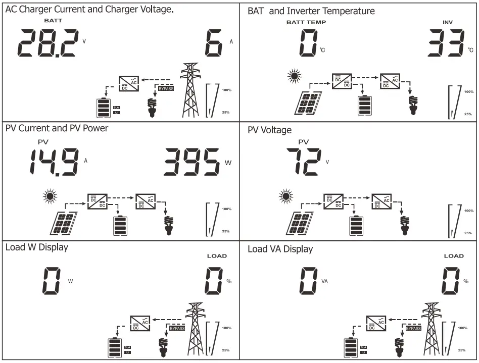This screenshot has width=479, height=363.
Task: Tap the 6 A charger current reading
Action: pos(214,43)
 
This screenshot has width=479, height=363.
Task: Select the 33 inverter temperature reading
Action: pos(446,43)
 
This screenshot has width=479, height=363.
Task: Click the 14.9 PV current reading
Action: pos(54,162)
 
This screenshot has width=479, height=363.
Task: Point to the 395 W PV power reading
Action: pos(191,162)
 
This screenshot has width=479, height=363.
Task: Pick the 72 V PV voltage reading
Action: pos(304,162)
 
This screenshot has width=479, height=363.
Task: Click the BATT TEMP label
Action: pos(306,22)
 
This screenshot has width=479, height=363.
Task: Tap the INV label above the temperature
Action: pos(448,22)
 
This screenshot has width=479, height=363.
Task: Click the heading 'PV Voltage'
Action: pos(269,130)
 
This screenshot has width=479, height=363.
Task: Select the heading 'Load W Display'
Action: pos(37,247)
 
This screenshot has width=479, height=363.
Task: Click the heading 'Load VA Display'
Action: pos(280,249)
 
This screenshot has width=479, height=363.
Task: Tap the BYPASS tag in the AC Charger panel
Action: pos(166,88)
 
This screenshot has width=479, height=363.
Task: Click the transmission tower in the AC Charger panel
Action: pos(190,90)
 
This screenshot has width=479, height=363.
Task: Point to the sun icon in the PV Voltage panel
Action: pos(286,196)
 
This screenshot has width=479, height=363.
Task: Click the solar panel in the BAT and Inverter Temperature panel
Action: pos(308,103)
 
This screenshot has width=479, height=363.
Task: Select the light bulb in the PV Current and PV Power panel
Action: pos(169,225)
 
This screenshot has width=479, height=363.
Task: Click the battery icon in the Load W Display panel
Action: pos(115,348)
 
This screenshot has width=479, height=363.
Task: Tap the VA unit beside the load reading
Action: pos(324,281)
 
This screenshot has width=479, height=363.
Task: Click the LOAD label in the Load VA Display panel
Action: pos(454,256)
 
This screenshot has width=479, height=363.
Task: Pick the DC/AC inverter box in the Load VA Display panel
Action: pos(376,323)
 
